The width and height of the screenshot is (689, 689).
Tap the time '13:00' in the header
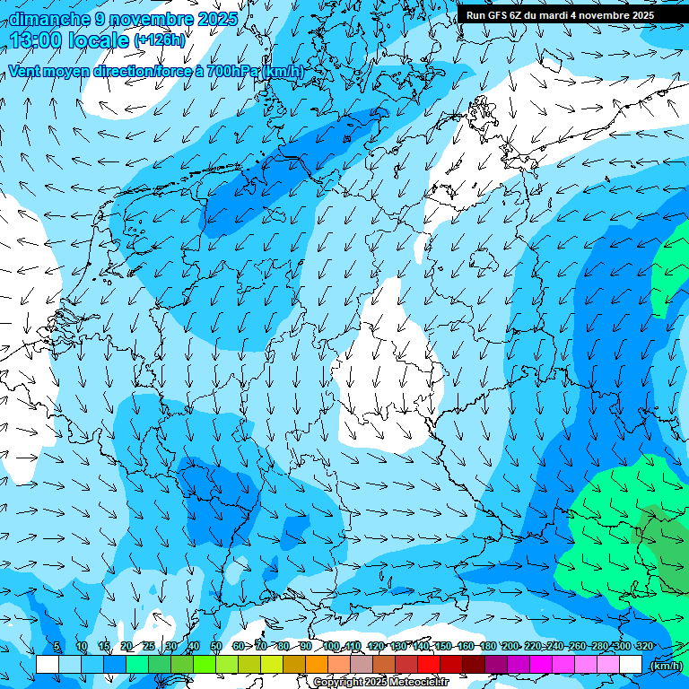(x=38, y=39)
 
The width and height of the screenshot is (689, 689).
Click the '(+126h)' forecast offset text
(x=160, y=40)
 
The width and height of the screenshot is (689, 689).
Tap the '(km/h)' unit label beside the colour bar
(x=666, y=665)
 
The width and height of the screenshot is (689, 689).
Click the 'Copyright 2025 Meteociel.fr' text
(x=380, y=683)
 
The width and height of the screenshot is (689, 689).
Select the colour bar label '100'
(x=331, y=646)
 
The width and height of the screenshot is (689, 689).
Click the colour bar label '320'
(x=644, y=646)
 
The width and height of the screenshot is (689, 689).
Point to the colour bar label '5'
(x=57, y=646)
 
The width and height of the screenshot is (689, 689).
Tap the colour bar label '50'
(x=215, y=646)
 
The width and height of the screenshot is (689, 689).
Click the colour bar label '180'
(x=487, y=646)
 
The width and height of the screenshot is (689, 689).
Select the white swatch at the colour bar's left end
(x=48, y=664)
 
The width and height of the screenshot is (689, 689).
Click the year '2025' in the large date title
(x=218, y=19)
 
